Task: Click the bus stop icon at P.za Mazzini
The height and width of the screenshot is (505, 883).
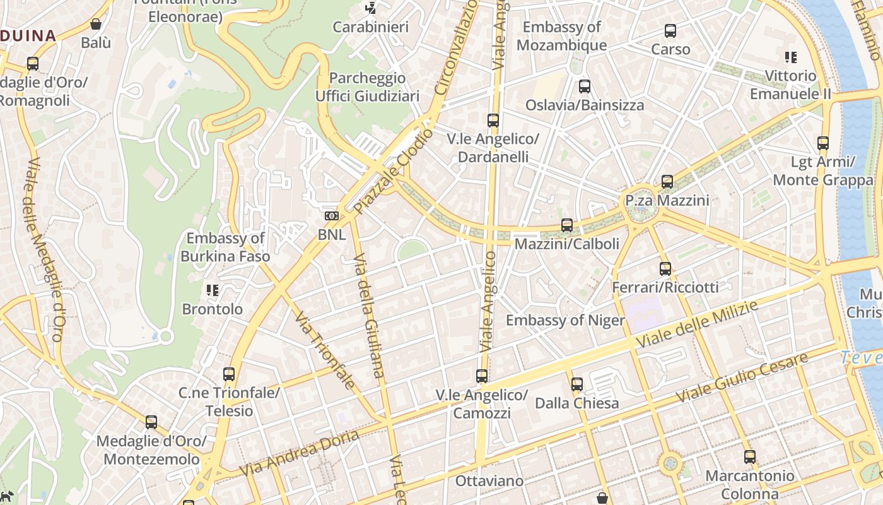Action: click(667, 182)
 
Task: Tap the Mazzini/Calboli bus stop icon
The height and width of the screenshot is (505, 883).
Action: click(567, 225)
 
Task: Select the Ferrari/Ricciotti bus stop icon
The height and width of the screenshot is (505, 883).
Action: click(665, 268)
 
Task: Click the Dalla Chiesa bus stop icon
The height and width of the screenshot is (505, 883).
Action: click(576, 384)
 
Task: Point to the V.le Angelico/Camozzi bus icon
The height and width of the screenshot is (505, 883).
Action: click(482, 376)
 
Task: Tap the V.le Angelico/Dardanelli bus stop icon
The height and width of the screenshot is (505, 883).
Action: click(493, 120)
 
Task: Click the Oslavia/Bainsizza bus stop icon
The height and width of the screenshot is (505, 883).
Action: click(585, 86)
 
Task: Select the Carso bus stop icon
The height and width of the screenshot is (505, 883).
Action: click(670, 30)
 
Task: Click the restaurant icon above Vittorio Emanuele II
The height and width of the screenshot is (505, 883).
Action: click(790, 57)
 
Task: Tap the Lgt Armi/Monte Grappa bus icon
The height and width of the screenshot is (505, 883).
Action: click(823, 143)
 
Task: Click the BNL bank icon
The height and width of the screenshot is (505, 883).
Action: click(331, 216)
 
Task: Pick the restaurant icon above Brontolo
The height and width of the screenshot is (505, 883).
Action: click(213, 290)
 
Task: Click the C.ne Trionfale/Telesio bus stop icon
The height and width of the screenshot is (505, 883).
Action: click(229, 374)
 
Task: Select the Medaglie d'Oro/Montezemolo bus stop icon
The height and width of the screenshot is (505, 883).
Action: click(151, 422)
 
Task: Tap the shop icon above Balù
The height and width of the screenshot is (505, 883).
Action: click(96, 24)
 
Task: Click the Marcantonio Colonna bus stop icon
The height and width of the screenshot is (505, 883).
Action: click(749, 456)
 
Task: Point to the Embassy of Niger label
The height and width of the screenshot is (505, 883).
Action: click(565, 320)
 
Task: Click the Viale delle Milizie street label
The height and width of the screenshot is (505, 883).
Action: click(697, 323)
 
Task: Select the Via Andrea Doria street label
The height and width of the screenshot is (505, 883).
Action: click(300, 453)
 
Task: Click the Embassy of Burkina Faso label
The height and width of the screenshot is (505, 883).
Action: click(225, 247)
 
